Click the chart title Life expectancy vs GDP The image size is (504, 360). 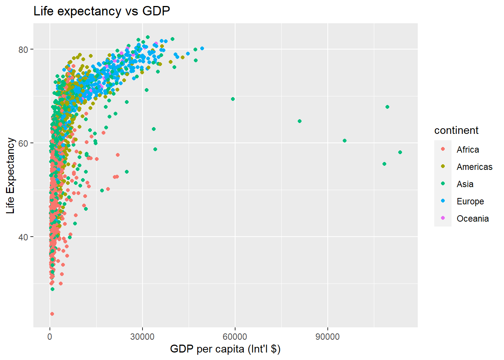coord(102,11)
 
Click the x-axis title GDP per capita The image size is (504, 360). coord(225,349)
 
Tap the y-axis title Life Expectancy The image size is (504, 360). coord(10,175)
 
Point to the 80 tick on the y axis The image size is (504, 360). coord(23,49)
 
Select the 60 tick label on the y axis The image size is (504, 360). coord(23,143)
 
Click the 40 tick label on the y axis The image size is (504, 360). coord(23,237)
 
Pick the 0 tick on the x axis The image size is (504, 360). coord(50,337)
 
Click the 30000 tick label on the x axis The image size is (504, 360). coord(142,337)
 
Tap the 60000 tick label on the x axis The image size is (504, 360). coord(235,337)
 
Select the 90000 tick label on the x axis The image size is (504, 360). coord(327,337)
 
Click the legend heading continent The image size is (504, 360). coord(456,130)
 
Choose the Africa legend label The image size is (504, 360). coord(468,150)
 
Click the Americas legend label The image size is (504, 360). coord(474,167)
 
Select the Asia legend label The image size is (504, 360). coord(465,184)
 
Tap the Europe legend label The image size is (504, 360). coord(470,201)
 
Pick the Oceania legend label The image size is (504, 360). coord(472,219)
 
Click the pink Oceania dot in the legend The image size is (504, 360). coord(443,218)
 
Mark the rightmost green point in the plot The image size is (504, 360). coord(400,152)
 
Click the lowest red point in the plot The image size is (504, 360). coord(52,314)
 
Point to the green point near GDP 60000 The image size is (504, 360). coord(233,99)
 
